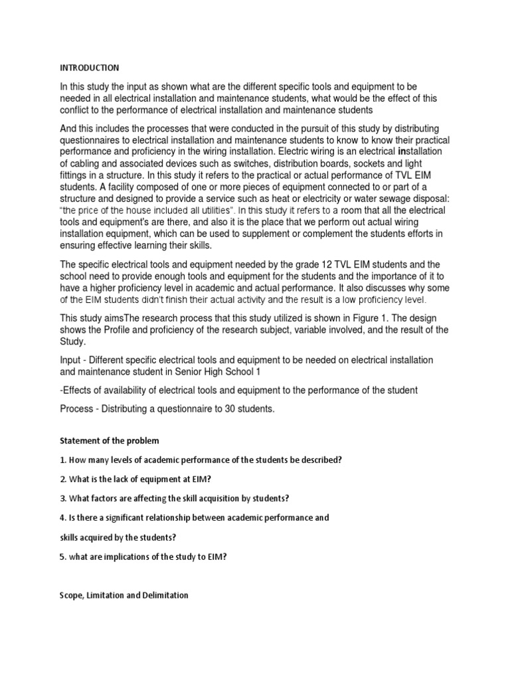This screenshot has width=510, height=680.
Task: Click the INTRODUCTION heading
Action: pyautogui.click(x=90, y=68)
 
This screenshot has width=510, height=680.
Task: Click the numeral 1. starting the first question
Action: pyautogui.click(x=62, y=460)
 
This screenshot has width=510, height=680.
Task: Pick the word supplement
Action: pyautogui.click(x=249, y=233)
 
